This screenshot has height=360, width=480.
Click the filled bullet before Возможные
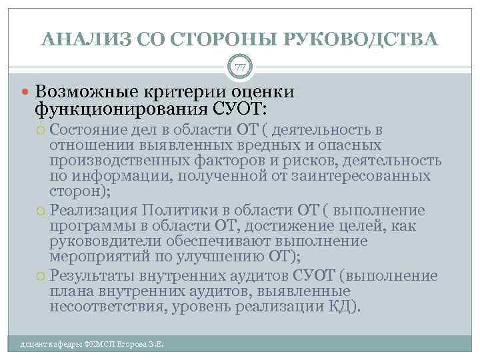click(25, 91)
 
